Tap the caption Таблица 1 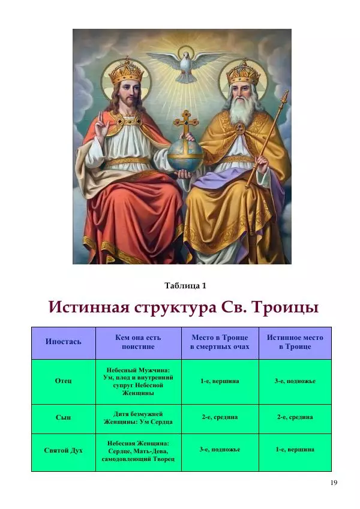pos(185,285)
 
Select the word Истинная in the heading pos(89,307)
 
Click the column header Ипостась pos(64,341)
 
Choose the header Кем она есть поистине pos(138,342)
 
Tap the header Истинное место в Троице pos(295,342)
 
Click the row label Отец pos(63,381)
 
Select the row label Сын pos(63,417)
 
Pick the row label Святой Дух pos(64,451)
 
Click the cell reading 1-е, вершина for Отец pos(220,381)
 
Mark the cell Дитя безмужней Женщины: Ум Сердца pos(138,418)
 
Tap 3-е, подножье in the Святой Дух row pos(220,450)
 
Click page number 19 pos(334,483)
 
